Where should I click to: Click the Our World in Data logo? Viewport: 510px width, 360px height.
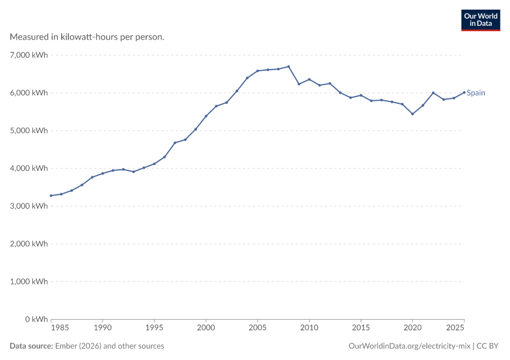click(481, 20)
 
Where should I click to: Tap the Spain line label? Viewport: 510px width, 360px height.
click(476, 92)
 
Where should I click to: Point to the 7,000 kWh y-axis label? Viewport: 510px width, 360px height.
click(29, 55)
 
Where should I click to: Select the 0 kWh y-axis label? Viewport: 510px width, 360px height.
click(37, 319)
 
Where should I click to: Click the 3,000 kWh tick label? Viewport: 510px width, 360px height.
click(29, 206)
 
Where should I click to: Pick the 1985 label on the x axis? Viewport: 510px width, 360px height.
click(60, 328)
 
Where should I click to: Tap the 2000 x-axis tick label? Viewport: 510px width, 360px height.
click(206, 328)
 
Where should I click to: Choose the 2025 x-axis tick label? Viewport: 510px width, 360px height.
click(455, 328)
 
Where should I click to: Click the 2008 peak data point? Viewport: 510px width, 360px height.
click(289, 67)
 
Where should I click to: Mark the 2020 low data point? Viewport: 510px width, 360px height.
click(412, 114)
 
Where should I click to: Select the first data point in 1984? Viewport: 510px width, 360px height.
click(51, 196)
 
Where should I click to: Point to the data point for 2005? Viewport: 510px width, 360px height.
click(257, 71)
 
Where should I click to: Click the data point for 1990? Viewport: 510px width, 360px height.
click(103, 173)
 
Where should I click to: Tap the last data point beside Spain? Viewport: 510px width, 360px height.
click(464, 92)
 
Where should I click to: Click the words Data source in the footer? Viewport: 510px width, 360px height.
click(31, 346)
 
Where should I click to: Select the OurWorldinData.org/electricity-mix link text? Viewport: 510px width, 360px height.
click(409, 346)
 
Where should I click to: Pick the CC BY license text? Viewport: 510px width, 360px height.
click(487, 346)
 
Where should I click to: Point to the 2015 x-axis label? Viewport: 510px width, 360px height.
click(361, 328)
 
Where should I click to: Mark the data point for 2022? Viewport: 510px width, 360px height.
click(433, 92)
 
